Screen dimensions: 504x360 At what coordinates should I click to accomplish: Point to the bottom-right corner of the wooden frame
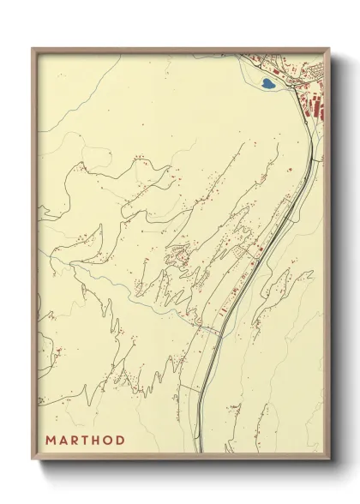pos(329,460)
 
